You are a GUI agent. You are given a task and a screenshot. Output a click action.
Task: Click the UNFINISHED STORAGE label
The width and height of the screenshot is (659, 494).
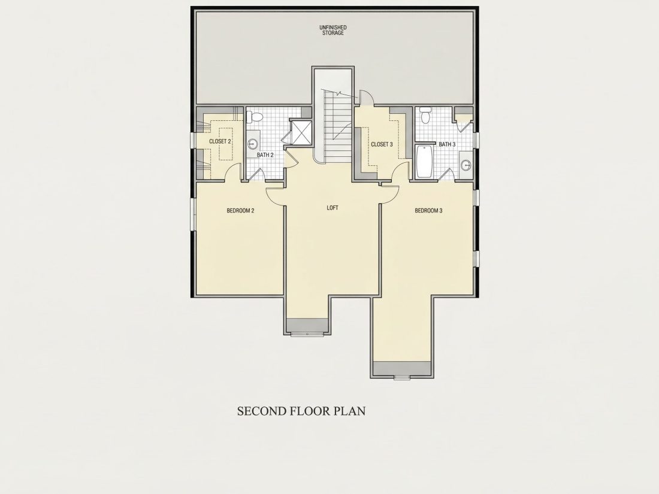[333, 31]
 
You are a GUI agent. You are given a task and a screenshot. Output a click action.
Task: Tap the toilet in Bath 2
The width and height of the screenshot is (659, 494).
[255, 116]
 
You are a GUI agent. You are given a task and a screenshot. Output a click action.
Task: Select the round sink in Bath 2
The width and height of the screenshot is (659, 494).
[252, 144]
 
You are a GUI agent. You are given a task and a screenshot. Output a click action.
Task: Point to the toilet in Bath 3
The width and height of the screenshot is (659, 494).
[425, 115]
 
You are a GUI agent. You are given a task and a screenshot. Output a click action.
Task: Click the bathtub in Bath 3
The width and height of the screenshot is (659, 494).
[424, 162]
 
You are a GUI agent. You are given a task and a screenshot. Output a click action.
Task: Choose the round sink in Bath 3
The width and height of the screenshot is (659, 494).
[465, 165]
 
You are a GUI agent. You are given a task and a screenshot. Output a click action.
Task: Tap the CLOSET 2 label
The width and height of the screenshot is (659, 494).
[220, 141]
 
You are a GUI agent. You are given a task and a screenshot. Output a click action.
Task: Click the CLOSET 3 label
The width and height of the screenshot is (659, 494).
[382, 144]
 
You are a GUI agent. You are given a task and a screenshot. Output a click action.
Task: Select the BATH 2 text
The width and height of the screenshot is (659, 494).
[265, 155]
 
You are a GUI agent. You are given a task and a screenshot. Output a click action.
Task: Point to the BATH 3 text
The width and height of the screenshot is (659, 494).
[447, 144]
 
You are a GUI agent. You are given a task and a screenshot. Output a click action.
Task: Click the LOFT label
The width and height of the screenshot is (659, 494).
[332, 208]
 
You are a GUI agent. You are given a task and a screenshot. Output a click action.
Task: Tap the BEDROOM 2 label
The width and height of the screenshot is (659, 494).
[240, 211]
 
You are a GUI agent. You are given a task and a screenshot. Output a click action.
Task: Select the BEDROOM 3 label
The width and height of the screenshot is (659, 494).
[428, 211]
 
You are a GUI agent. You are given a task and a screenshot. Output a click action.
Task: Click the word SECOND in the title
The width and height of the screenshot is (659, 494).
[262, 411]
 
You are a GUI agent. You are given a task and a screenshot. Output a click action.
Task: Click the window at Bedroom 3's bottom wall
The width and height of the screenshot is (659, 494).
[402, 378]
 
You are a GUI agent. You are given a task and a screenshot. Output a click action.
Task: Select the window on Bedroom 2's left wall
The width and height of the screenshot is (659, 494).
[192, 214]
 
